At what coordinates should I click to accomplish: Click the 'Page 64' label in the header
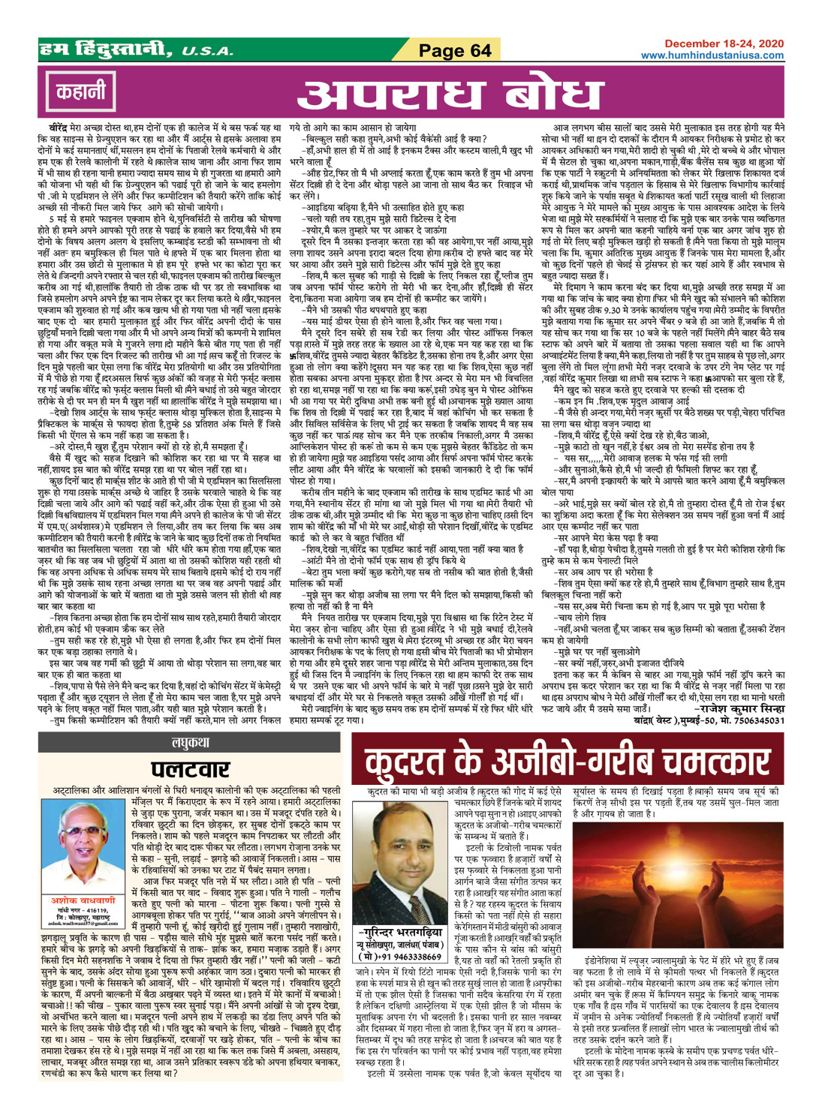pos(454,50)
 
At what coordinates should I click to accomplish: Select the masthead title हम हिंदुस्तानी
pos(108,50)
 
